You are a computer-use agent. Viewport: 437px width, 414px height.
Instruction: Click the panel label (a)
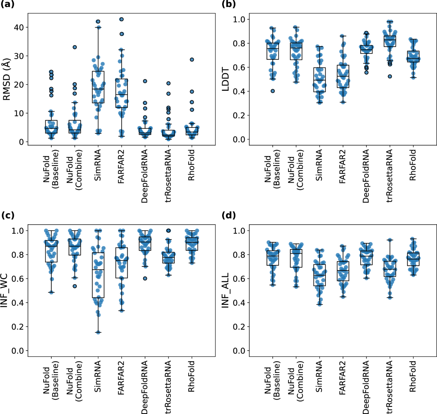pyautogui.click(x=8, y=4)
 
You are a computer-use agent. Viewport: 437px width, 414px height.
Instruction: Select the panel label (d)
pyautogui.click(x=228, y=215)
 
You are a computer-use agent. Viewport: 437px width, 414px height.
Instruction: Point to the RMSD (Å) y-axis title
pyautogui.click(x=7, y=81)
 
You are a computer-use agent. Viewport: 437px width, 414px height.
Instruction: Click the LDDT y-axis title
pyautogui.click(x=225, y=79)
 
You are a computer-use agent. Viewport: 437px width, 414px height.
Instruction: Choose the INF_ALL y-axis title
pyautogui.click(x=225, y=290)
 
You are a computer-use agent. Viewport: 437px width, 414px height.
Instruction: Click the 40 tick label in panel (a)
pyautogui.click(x=19, y=27)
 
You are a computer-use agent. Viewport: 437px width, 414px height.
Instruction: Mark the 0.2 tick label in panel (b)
pyautogui.click(x=239, y=116)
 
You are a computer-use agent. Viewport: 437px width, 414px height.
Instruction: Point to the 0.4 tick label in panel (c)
pyautogui.click(x=18, y=303)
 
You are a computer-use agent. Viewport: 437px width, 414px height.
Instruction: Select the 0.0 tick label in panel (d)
pyautogui.click(x=239, y=351)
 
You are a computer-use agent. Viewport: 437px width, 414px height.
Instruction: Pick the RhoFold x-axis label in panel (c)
pyautogui.click(x=192, y=376)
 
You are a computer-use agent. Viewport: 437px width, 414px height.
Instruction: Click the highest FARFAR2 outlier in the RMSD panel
pyautogui.click(x=122, y=19)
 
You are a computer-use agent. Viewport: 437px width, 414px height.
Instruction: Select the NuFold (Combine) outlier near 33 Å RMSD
pyautogui.click(x=75, y=47)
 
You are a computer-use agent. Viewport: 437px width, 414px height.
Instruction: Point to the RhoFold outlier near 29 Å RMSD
pyautogui.click(x=192, y=59)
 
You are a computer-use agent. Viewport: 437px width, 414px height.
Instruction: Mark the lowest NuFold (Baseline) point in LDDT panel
pyautogui.click(x=272, y=91)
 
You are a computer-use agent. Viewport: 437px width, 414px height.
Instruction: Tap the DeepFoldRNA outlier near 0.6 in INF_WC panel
pyautogui.click(x=145, y=278)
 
